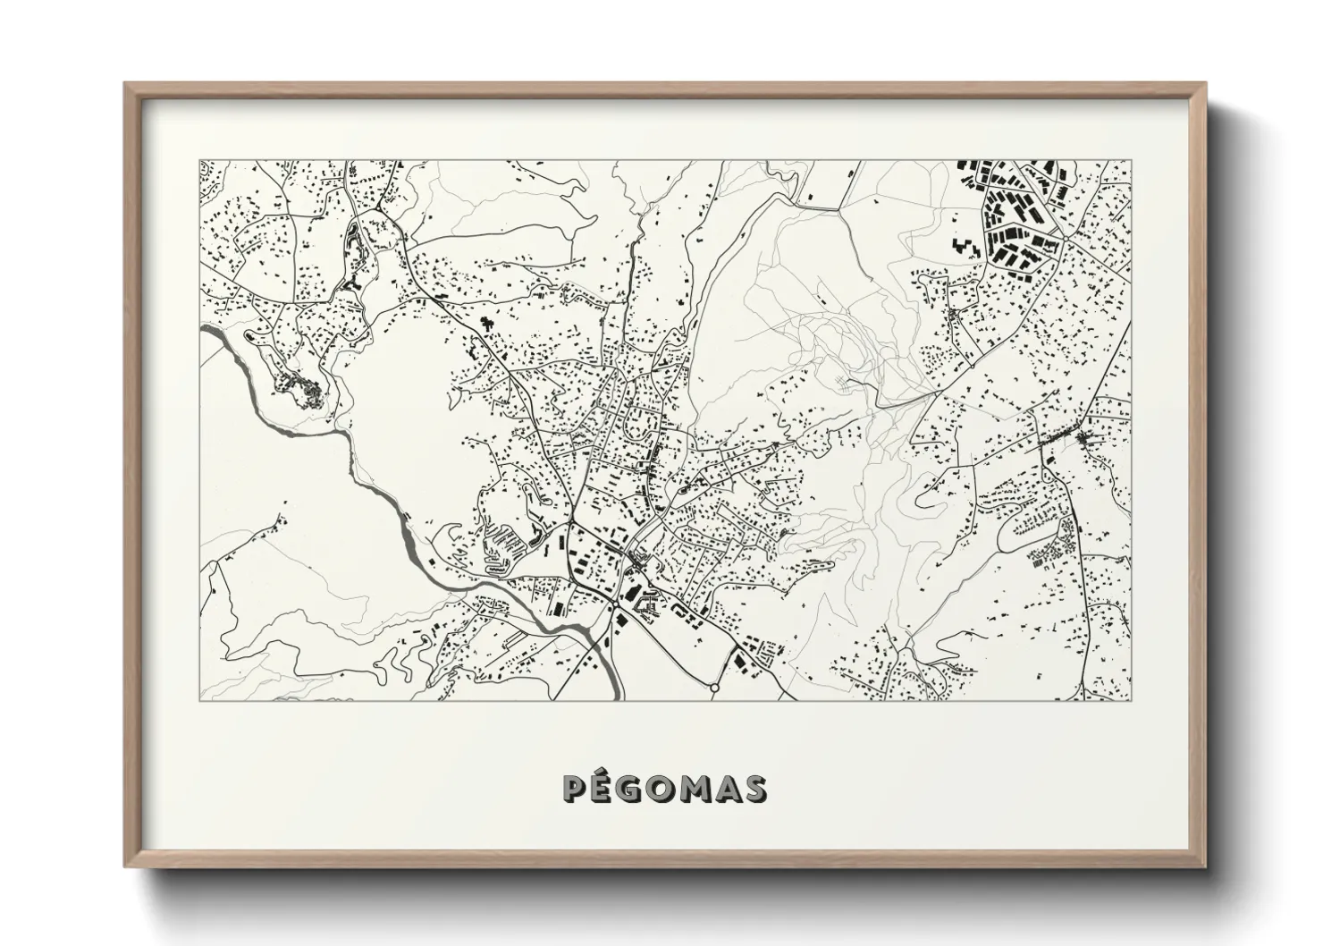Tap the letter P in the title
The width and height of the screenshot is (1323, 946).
pos(576,789)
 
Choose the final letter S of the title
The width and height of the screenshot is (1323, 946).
pos(756,789)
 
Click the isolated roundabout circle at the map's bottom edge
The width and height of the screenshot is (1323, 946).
pos(713,688)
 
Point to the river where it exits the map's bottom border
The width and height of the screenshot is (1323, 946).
pos(617,696)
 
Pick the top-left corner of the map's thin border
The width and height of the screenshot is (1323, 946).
pos(199,161)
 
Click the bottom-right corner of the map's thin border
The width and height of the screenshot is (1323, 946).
pos(1132,701)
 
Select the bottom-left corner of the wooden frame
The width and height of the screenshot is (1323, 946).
pos(126,866)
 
